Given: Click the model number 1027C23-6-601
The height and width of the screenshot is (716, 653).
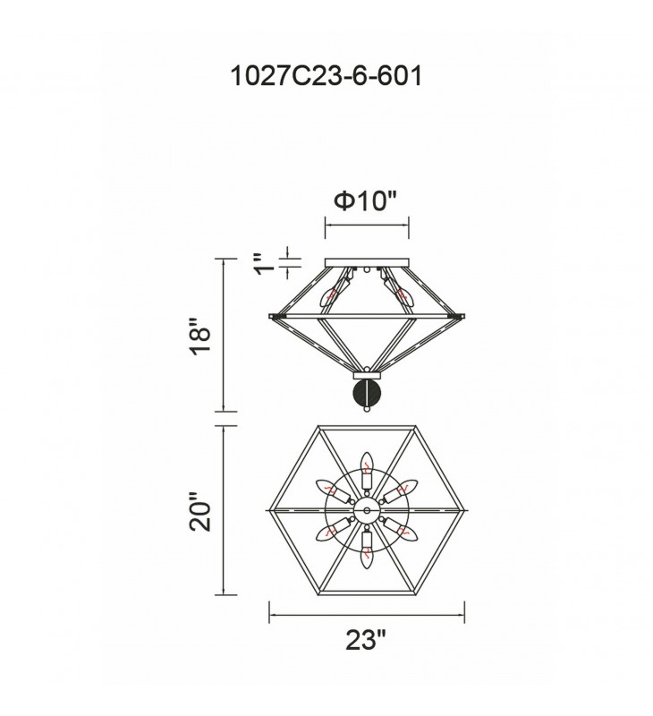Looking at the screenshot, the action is (x=326, y=76).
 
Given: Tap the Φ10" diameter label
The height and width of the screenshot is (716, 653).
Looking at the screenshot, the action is (x=366, y=200).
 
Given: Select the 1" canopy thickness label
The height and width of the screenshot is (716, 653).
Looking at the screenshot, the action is (x=265, y=263).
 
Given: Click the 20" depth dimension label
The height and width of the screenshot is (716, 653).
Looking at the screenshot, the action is (x=200, y=511).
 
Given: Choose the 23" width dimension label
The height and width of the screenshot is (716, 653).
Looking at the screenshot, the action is (x=366, y=640).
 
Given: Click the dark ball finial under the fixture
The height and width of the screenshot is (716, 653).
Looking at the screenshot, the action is (x=366, y=392).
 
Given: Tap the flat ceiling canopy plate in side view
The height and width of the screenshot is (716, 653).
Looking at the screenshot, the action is (x=367, y=262).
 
